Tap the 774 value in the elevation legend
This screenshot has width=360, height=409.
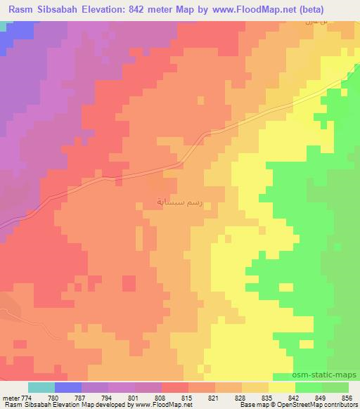click(x=27, y=397)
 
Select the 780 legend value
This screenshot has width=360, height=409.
click(x=55, y=397)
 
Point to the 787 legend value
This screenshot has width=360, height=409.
click(x=82, y=397)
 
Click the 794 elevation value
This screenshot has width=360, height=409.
click(x=108, y=397)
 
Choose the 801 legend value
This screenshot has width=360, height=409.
click(x=135, y=397)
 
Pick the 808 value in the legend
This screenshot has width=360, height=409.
click(x=162, y=397)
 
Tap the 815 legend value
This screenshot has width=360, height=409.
click(x=188, y=397)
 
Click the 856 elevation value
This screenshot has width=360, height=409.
click(x=347, y=397)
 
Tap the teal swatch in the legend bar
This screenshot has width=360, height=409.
click(x=41, y=387)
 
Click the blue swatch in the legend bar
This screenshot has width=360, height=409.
click(x=68, y=387)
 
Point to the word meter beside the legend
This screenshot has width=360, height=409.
click(x=10, y=397)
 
